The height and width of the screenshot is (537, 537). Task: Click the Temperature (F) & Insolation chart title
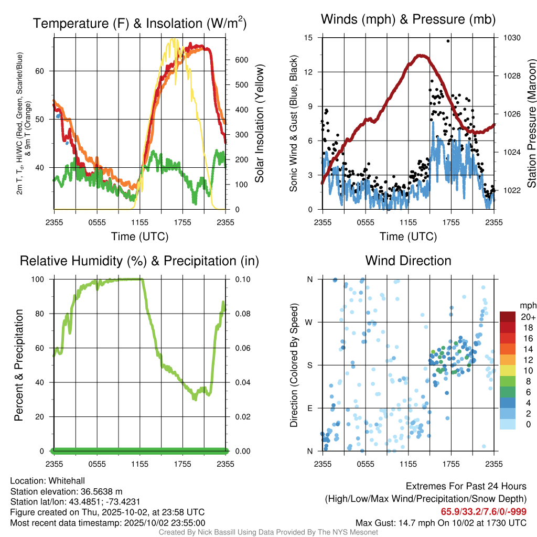click(139, 23)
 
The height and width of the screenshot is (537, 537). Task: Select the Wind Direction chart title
click(408, 261)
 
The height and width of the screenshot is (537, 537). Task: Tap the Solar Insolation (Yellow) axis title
click(259, 124)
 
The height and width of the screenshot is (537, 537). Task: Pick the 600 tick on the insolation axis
click(241, 60)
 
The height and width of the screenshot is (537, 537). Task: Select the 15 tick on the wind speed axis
click(308, 38)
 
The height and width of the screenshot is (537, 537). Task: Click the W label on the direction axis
click(309, 322)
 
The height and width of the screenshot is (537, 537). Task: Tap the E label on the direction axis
click(309, 408)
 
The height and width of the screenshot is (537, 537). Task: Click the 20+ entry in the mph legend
click(527, 317)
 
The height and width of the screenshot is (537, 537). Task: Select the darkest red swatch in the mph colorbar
click(507, 316)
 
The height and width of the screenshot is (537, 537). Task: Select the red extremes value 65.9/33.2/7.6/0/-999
click(484, 512)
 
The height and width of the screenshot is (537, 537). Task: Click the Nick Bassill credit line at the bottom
click(268, 532)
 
